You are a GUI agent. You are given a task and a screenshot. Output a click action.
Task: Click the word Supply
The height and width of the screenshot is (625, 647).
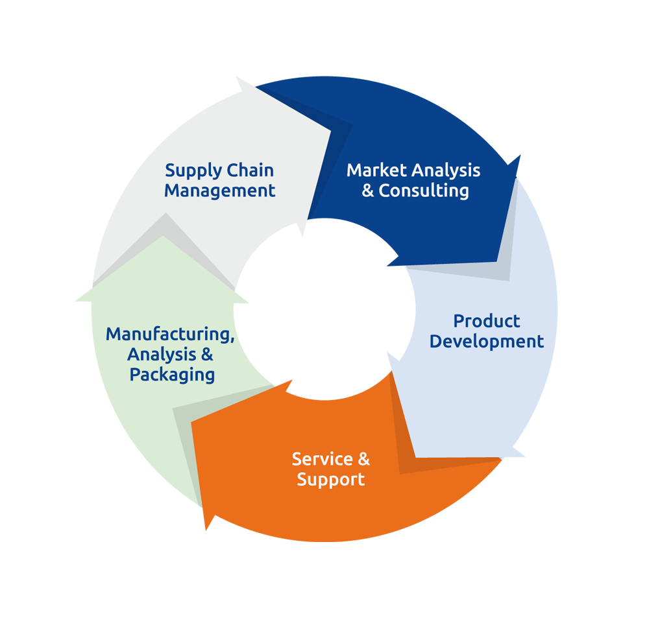193,171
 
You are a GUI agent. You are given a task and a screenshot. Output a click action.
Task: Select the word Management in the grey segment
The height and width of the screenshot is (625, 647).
219,191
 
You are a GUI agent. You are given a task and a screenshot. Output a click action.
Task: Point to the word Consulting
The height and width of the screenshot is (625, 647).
424,191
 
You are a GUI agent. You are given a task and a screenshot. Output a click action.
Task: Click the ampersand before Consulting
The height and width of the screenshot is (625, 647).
368,191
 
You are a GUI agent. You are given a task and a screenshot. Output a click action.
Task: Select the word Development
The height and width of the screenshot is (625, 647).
487,341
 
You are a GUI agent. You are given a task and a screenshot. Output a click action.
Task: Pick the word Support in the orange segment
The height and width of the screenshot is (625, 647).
330,480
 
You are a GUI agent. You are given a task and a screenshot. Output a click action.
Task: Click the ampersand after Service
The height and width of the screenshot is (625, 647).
363,459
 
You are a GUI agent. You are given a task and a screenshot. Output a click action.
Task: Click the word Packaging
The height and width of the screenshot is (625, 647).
172,375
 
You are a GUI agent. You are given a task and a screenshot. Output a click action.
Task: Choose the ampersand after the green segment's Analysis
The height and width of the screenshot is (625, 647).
206,355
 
